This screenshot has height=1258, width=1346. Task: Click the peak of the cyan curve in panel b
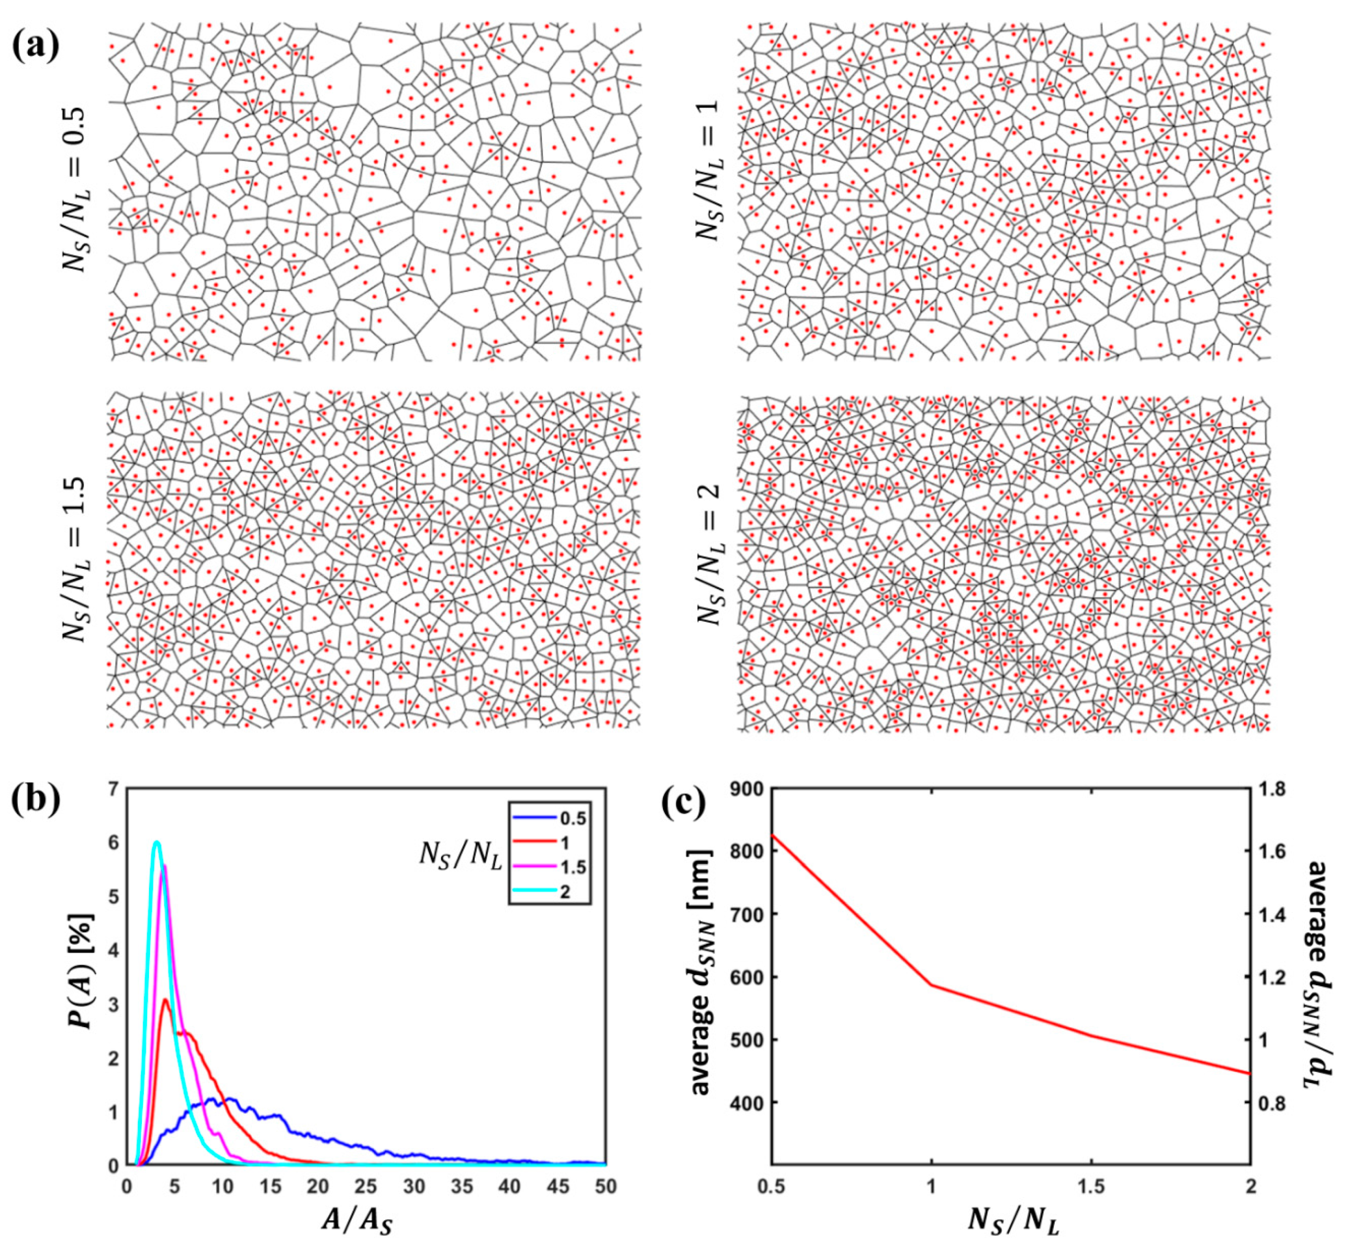click(x=156, y=842)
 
